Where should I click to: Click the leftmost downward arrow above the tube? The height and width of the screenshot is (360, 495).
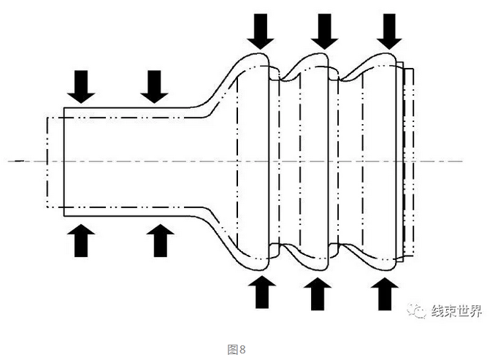point(81,86)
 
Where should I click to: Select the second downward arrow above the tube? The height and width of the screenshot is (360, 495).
point(154,86)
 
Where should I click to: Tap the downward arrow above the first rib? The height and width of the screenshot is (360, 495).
point(260,31)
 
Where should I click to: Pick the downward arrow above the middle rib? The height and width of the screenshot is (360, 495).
point(325,31)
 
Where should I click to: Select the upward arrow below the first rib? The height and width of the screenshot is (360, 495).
point(262,292)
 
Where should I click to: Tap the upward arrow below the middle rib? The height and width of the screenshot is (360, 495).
point(317,294)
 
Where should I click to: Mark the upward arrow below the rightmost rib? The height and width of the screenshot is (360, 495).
point(385,294)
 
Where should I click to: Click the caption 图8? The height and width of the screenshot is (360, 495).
point(237,349)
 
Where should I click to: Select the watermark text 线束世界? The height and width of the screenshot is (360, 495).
point(456,311)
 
